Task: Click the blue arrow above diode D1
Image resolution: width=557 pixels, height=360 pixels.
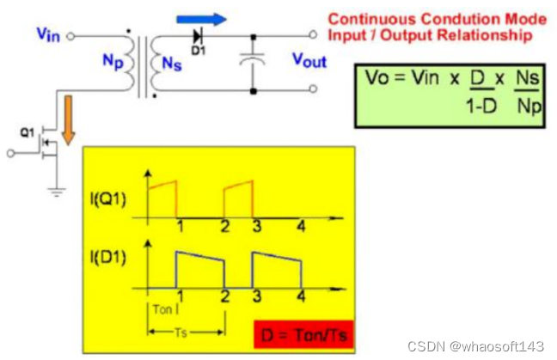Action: click(203, 18)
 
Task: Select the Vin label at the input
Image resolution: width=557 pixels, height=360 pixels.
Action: click(48, 34)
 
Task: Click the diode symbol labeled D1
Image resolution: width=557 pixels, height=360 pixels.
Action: click(198, 35)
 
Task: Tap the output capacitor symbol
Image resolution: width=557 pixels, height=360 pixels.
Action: click(254, 63)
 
